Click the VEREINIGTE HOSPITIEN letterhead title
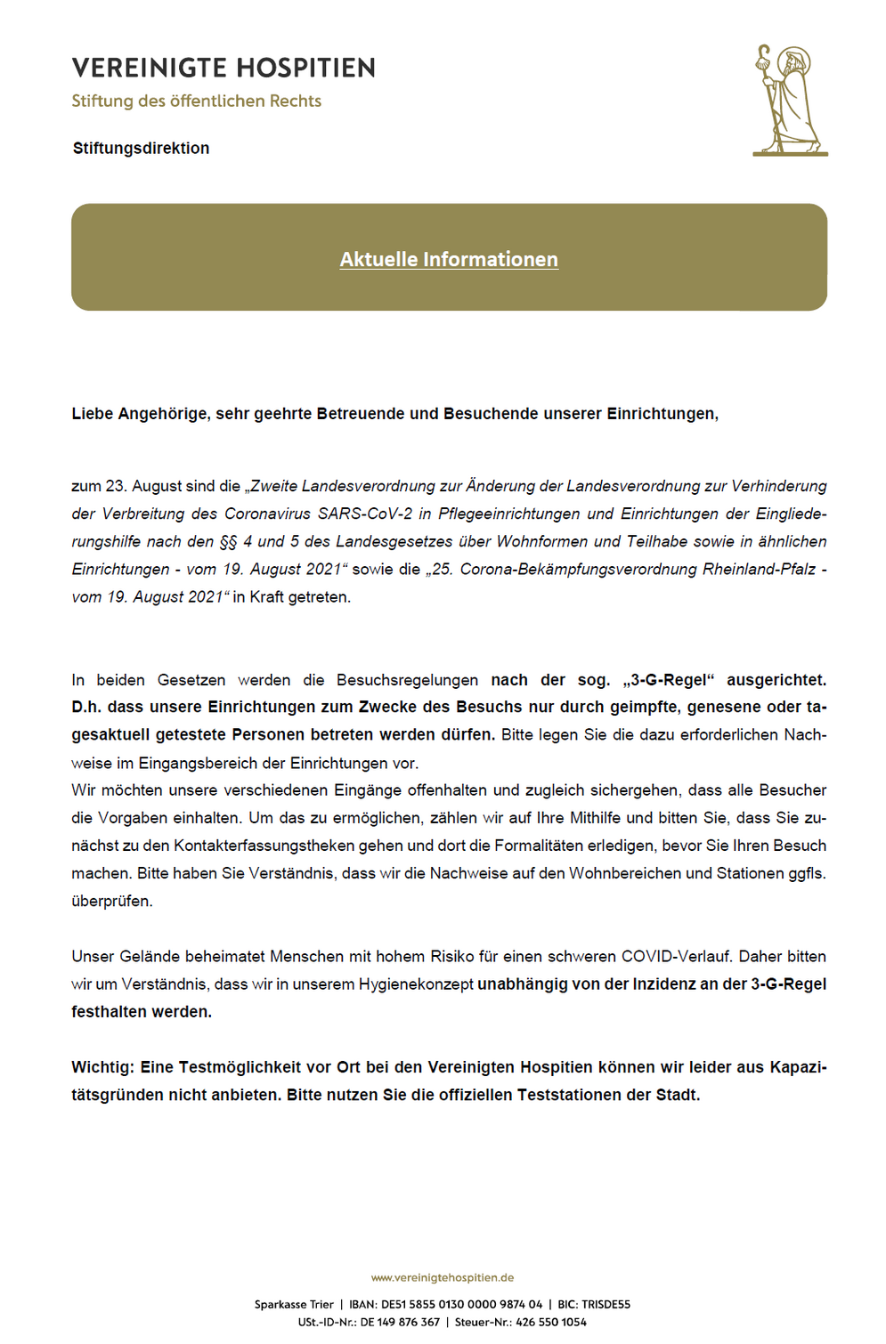click(224, 68)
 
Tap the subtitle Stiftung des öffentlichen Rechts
click(196, 101)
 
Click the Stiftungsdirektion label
click(141, 149)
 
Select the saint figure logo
click(789, 101)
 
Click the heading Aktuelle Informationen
click(449, 259)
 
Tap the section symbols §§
click(228, 541)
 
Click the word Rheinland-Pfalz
click(759, 569)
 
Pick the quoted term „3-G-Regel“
click(669, 680)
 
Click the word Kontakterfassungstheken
click(265, 846)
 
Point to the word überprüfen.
click(112, 901)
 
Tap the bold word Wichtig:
click(102, 1067)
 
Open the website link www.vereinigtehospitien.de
click(443, 1277)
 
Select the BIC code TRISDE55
click(606, 1304)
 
